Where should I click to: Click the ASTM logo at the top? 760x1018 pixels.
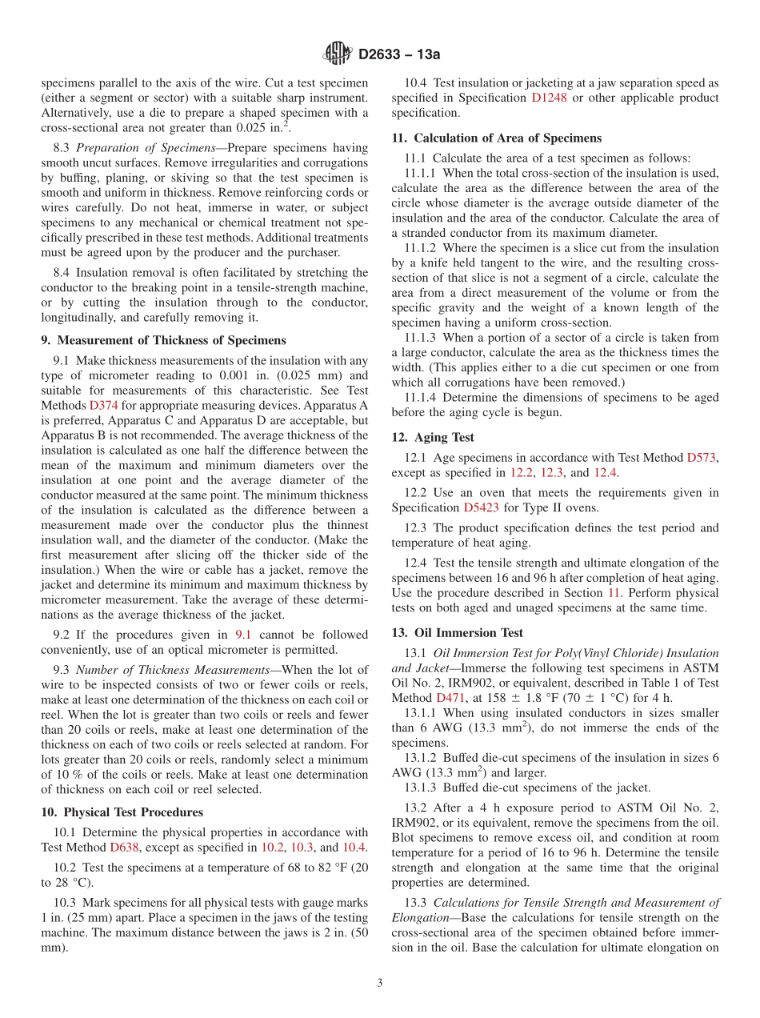pyautogui.click(x=337, y=54)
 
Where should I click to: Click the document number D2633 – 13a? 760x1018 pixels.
pyautogui.click(x=399, y=54)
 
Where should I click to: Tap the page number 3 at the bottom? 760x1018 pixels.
pyautogui.click(x=380, y=983)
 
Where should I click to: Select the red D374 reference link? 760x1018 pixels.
pyautogui.click(x=103, y=405)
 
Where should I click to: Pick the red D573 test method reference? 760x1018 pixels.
pyautogui.click(x=702, y=458)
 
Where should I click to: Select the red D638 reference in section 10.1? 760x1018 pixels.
pyautogui.click(x=124, y=848)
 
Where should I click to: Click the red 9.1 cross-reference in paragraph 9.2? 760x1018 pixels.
pyautogui.click(x=242, y=635)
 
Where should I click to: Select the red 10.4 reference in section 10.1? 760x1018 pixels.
pyautogui.click(x=354, y=848)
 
